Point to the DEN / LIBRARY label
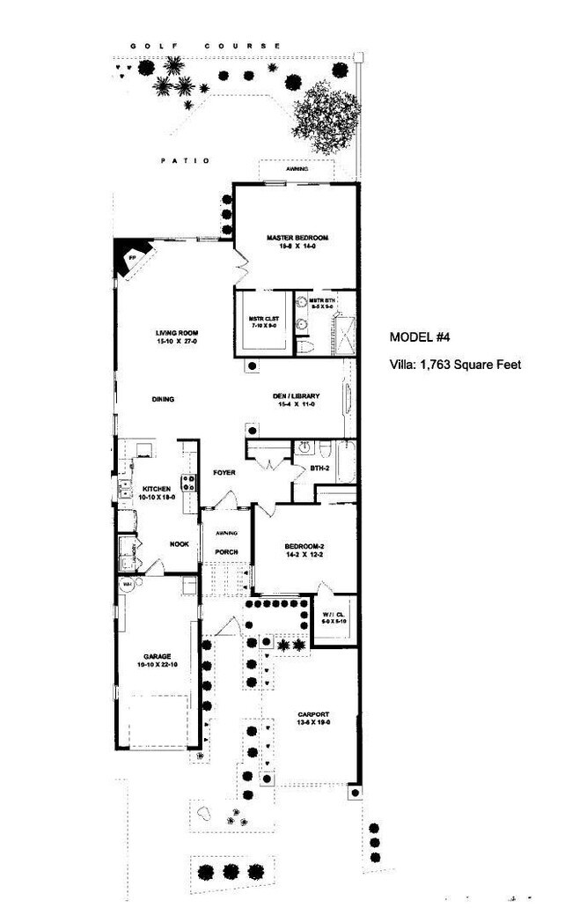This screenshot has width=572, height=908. click(x=295, y=396)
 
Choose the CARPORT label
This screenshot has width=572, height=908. click(x=312, y=714)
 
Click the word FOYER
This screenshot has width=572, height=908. click(x=224, y=473)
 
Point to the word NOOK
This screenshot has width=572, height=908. click(x=180, y=543)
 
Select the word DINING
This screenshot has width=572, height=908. click(x=163, y=399)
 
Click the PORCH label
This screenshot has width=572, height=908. click(x=225, y=552)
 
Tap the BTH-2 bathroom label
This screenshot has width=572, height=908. click(x=319, y=469)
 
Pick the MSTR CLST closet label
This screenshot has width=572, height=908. click(x=260, y=319)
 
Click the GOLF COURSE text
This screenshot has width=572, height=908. click(x=205, y=46)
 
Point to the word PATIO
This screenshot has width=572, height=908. click(x=186, y=160)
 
